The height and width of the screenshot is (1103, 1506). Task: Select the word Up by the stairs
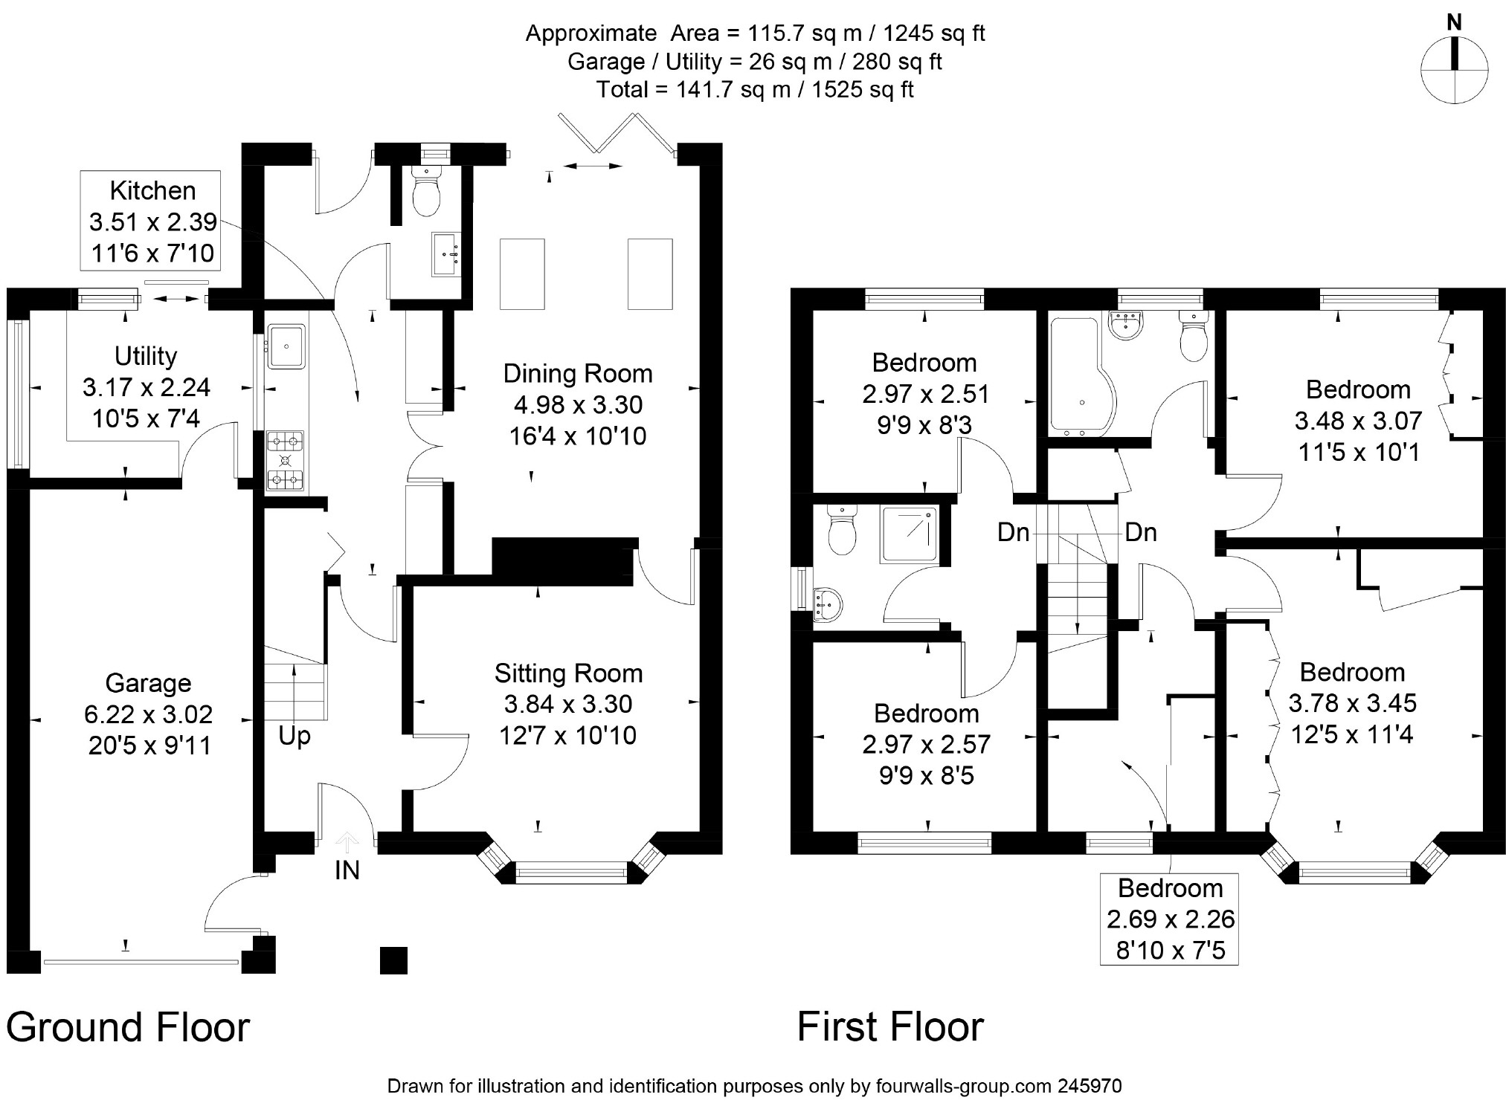pos(295,736)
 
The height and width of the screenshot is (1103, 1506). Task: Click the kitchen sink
pos(286,346)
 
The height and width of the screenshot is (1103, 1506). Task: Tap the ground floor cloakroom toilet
pos(426,191)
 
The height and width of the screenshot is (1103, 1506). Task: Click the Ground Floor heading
pos(128,1027)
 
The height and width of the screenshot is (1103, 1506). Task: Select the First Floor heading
pos(890,1027)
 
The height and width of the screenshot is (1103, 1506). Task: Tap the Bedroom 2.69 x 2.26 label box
pos(1169,919)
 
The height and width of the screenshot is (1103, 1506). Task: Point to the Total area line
pos(755,90)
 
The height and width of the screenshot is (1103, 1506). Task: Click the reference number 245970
pos(1090,1086)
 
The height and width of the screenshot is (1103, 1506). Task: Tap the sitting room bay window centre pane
pos(572,873)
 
